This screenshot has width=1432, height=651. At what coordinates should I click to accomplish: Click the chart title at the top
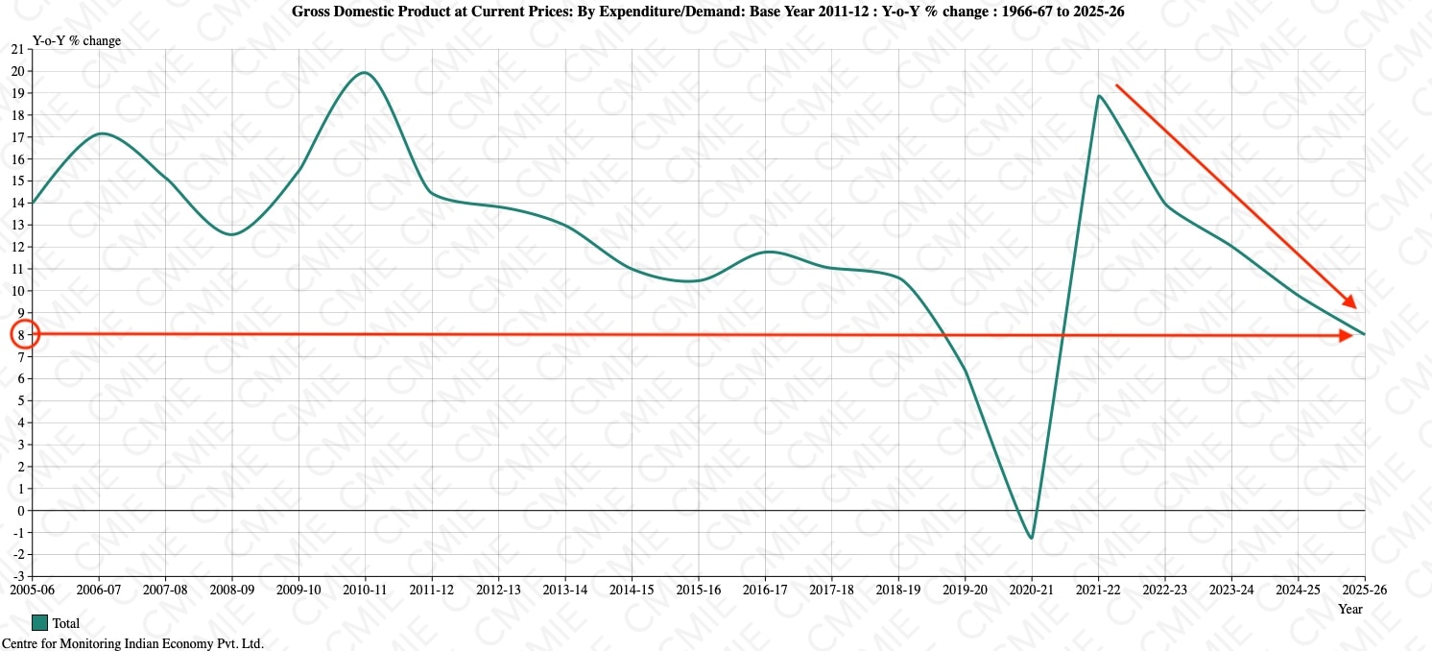[708, 12]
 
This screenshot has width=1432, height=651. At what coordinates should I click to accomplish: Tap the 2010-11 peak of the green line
[365, 73]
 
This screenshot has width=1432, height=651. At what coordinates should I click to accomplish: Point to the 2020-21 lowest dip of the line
[1032, 538]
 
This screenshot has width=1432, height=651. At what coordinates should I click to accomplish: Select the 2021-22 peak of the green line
[1099, 96]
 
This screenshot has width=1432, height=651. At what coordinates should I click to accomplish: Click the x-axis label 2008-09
[231, 590]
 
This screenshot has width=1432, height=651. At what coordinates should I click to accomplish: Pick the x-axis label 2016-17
[765, 590]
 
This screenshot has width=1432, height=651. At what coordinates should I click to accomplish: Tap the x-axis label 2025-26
[1364, 590]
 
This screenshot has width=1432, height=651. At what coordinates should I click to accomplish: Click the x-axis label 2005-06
[32, 590]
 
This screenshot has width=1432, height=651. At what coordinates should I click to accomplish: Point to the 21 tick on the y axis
[16, 49]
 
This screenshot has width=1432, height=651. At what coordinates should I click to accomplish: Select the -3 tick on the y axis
[14, 576]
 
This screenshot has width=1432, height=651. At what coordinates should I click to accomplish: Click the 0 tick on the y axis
[19, 510]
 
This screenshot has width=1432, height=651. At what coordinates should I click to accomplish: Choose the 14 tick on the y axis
[16, 203]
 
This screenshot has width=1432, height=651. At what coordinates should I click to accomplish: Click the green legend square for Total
[39, 622]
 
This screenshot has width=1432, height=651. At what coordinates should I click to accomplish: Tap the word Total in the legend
[66, 623]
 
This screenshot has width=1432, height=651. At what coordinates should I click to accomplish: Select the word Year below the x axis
[1350, 609]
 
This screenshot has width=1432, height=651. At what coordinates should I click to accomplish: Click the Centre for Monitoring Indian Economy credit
[132, 643]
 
